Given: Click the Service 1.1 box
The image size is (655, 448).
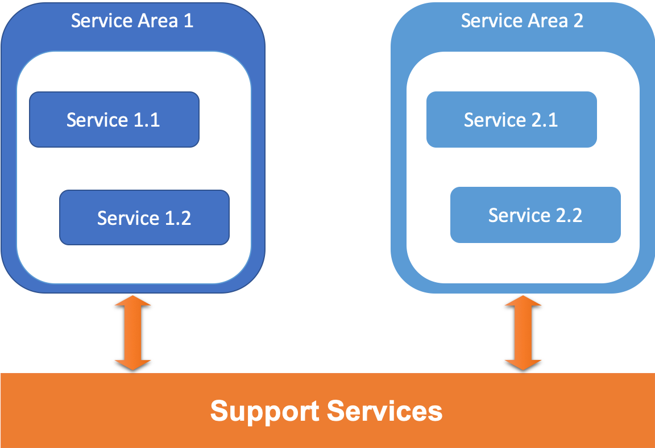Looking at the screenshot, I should pyautogui.click(x=114, y=120).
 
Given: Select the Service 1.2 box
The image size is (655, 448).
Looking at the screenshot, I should pyautogui.click(x=144, y=217).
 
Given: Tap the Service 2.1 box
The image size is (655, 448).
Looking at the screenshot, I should pyautogui.click(x=511, y=120).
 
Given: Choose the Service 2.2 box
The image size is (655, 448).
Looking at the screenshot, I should pyautogui.click(x=535, y=215).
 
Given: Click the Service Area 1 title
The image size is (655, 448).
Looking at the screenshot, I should pyautogui.click(x=132, y=21).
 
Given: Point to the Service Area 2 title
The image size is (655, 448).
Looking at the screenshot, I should pyautogui.click(x=522, y=21).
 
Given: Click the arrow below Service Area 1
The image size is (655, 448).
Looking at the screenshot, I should pyautogui.click(x=132, y=333).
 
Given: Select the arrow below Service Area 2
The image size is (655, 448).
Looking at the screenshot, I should pyautogui.click(x=523, y=333).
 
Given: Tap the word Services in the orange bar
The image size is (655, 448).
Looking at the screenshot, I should pyautogui.click(x=385, y=411).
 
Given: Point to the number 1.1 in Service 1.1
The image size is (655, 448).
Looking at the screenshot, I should pyautogui.click(x=146, y=120).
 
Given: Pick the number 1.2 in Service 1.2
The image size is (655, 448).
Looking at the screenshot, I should pyautogui.click(x=177, y=217).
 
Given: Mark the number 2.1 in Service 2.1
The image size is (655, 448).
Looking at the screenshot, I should pyautogui.click(x=544, y=120).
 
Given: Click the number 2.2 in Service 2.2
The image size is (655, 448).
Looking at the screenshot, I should pyautogui.click(x=568, y=215).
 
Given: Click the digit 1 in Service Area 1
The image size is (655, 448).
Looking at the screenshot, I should pyautogui.click(x=188, y=21).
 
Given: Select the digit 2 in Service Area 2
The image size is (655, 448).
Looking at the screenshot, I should pyautogui.click(x=578, y=21).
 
